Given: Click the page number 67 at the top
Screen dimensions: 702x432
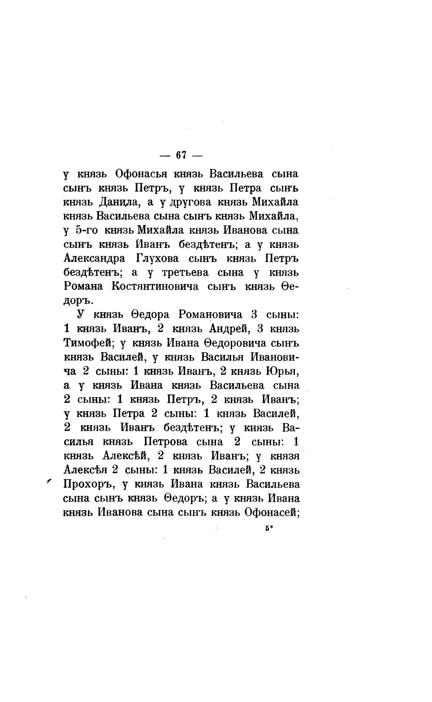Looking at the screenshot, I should click(182, 155).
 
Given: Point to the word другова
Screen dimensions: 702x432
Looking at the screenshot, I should click(189, 202).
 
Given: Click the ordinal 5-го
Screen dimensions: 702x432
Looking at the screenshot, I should click(88, 230).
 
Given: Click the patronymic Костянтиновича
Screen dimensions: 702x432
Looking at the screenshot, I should click(155, 286).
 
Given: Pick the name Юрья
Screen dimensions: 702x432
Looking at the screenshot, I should click(283, 371).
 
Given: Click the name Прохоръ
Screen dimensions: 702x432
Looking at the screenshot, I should click(89, 484).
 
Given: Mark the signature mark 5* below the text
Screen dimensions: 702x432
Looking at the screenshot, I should click(269, 529).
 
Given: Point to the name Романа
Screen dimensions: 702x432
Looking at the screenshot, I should click(83, 286).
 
